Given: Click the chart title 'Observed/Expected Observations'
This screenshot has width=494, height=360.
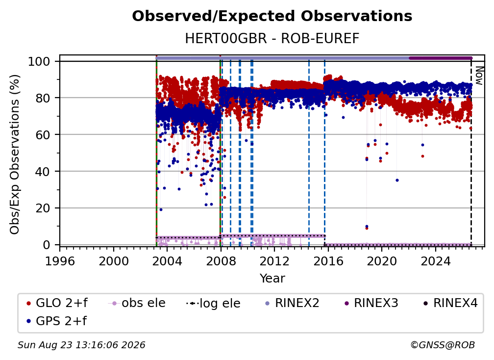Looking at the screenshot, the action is click(272, 16).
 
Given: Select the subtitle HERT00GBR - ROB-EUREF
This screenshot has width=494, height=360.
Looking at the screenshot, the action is click(272, 38).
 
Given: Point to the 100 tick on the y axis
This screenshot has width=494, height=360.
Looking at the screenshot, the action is click(39, 61).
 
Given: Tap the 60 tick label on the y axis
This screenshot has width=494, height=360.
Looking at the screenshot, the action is click(43, 134).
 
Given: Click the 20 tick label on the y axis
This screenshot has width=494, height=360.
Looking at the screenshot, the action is click(43, 208).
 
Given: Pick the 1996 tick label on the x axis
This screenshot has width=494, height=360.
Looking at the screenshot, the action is click(60, 261).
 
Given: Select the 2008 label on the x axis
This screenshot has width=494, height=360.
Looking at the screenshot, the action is click(221, 261).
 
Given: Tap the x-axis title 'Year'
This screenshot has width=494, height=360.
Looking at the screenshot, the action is click(272, 279).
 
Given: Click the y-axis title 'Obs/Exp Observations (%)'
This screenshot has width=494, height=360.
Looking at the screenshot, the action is click(15, 154).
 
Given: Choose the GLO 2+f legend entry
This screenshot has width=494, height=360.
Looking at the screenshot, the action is click(57, 303).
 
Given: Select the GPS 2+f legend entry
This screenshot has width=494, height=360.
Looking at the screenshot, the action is click(57, 321).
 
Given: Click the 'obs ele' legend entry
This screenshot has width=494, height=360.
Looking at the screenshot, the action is click(137, 303).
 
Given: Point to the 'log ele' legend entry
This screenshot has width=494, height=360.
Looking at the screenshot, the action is click(213, 303).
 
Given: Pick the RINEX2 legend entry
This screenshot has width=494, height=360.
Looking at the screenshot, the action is click(292, 303).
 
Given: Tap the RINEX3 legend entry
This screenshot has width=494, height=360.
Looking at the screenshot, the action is click(371, 303).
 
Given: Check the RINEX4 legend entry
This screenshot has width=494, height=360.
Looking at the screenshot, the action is click(450, 303).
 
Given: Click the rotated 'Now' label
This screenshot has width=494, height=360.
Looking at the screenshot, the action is click(478, 76).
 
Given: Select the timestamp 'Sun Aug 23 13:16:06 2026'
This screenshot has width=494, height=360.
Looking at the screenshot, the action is click(81, 345).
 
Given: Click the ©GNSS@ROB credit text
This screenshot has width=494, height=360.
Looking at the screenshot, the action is click(443, 345).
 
